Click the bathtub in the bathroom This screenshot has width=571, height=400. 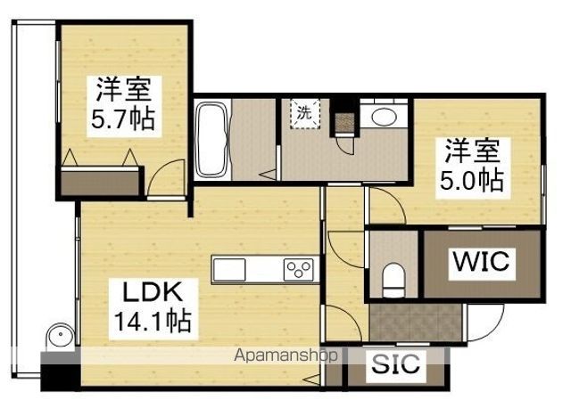click(x=212, y=139)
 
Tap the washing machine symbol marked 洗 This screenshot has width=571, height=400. click(x=305, y=114)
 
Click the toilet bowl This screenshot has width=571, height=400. click(x=393, y=279)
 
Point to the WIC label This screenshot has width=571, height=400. click(x=482, y=261)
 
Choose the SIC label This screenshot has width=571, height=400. click(x=396, y=363)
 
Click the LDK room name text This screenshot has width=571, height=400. click(x=153, y=292)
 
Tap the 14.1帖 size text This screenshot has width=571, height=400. click(x=153, y=321)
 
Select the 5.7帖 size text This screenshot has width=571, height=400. click(x=123, y=118)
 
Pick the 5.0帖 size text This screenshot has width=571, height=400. click(x=472, y=180)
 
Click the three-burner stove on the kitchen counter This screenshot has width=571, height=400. click(x=299, y=270)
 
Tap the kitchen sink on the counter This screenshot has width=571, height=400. click(x=229, y=270)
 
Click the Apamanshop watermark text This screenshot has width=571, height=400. click(x=285, y=355)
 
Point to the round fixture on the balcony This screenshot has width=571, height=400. click(x=61, y=336)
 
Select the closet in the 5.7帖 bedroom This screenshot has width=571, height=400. click(x=100, y=181)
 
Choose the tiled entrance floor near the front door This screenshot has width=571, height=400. click(x=416, y=322)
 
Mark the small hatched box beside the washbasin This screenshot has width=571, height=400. click(x=344, y=123)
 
